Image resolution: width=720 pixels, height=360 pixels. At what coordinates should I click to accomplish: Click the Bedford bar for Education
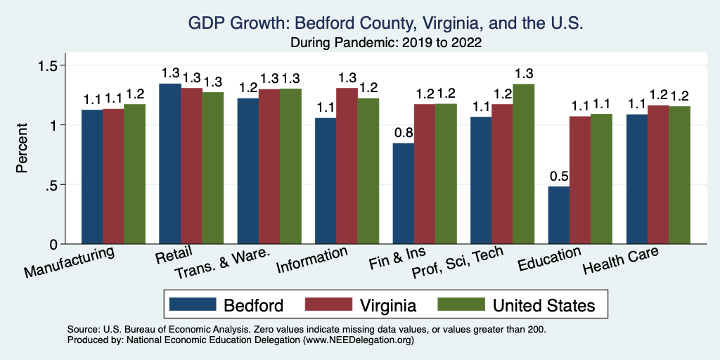(x=559, y=215)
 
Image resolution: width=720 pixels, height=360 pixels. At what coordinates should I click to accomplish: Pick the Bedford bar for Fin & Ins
(x=404, y=193)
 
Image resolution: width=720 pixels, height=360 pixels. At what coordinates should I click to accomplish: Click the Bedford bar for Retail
(x=171, y=164)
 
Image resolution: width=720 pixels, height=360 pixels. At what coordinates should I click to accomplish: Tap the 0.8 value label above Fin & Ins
(x=404, y=132)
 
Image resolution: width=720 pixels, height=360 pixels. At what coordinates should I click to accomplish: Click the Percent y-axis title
(x=22, y=148)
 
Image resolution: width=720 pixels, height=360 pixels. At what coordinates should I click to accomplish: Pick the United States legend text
(x=544, y=304)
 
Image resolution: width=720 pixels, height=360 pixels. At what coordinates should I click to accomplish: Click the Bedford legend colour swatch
(x=193, y=304)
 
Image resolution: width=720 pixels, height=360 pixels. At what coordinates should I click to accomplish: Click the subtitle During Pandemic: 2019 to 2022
(x=386, y=43)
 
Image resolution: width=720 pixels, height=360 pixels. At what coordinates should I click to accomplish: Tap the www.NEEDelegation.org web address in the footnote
(x=356, y=340)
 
